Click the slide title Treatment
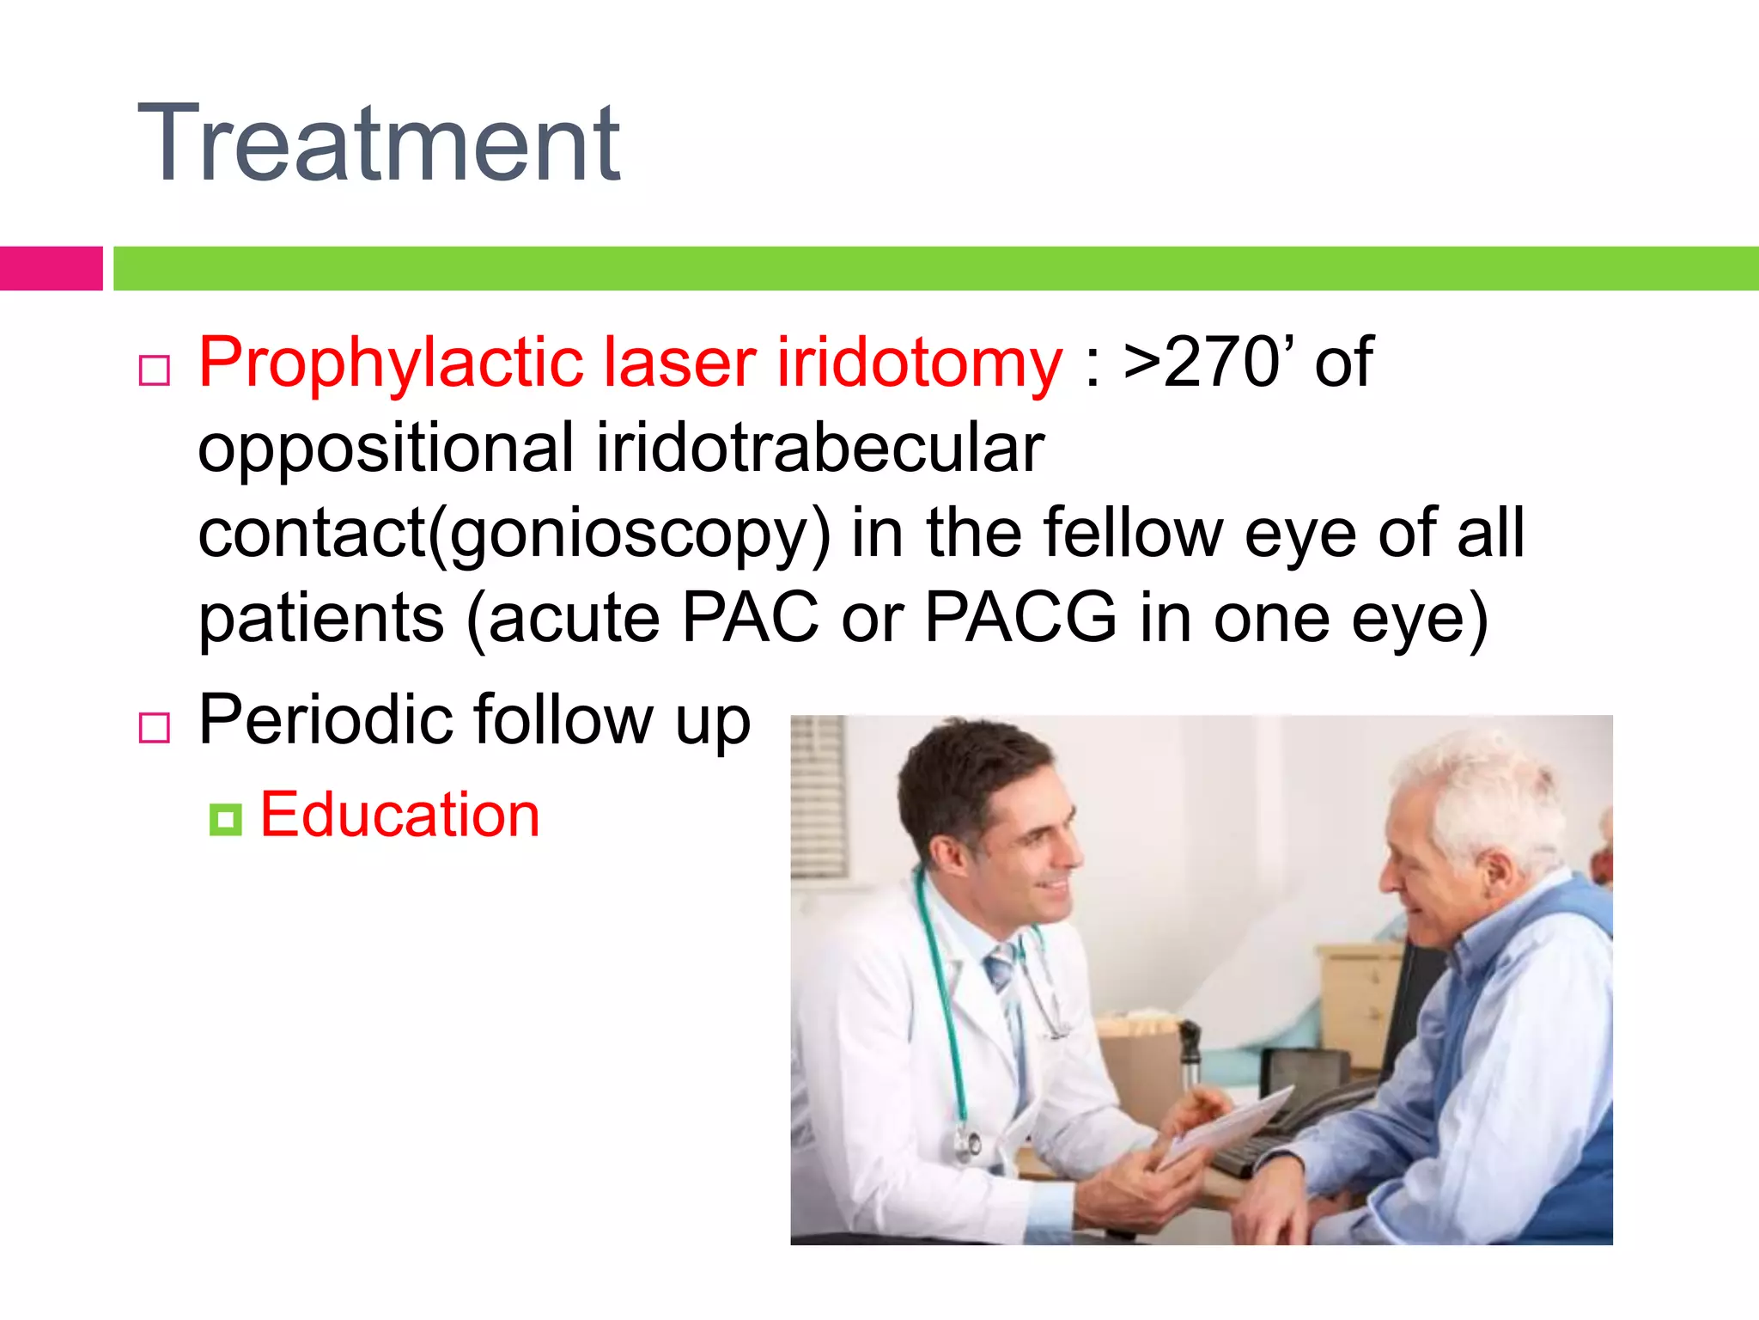click(x=378, y=144)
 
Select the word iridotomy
click(x=919, y=364)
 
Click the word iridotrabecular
click(x=820, y=448)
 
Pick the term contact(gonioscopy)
click(x=514, y=534)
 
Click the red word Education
click(x=399, y=814)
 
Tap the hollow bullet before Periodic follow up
click(x=155, y=728)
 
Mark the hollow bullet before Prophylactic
click(x=155, y=370)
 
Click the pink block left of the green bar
click(x=51, y=268)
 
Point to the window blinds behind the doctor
click(x=819, y=795)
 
